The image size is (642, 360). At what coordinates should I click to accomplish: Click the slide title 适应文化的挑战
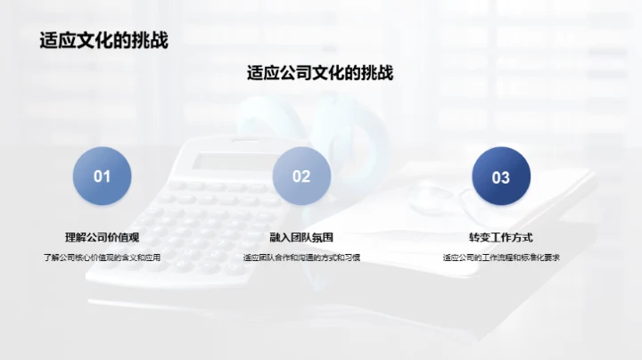(103, 40)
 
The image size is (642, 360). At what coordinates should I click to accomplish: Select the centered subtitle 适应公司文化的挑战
(320, 73)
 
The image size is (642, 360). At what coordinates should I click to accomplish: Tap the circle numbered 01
(103, 176)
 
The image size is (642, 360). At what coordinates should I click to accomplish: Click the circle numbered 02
(301, 176)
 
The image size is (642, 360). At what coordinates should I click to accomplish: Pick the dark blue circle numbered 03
(501, 177)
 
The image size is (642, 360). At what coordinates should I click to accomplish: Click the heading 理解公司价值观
(103, 237)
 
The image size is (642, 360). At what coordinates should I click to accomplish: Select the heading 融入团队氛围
(301, 237)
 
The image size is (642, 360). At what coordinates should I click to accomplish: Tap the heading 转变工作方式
(501, 237)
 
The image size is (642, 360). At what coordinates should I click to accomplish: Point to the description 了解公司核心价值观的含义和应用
(103, 258)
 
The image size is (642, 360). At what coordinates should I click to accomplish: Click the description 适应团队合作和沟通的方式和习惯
(301, 258)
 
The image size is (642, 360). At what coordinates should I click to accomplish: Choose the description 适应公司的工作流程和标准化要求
(501, 258)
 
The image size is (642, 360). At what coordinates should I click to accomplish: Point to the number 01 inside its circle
(103, 176)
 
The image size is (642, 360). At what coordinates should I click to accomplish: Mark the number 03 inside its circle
(501, 177)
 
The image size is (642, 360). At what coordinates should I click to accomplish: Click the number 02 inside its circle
(301, 176)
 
